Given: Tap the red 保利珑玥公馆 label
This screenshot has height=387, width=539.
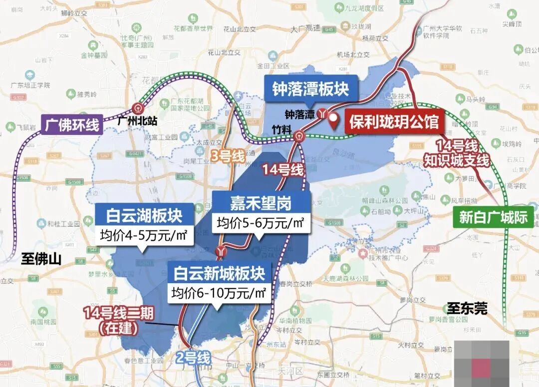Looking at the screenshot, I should pyautogui.click(x=394, y=122).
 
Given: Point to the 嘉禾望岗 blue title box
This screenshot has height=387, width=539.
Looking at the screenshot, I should pyautogui.click(x=261, y=203).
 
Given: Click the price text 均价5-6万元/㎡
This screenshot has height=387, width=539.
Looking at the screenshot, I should pyautogui.click(x=261, y=223).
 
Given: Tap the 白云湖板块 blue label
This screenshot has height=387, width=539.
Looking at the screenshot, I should pyautogui.click(x=144, y=216).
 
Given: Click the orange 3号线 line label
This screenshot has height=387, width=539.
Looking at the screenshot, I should pyautogui.click(x=227, y=156).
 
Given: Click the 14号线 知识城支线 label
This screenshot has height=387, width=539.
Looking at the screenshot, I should pyautogui.click(x=456, y=153).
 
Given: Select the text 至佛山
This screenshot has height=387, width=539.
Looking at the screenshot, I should pyautogui.click(x=41, y=259).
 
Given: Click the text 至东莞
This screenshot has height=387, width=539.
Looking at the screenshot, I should pyautogui.click(x=467, y=308).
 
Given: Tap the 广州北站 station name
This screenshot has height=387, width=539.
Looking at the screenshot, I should pyautogui.click(x=135, y=121).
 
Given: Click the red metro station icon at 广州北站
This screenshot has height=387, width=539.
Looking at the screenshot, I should pyautogui.click(x=137, y=107).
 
